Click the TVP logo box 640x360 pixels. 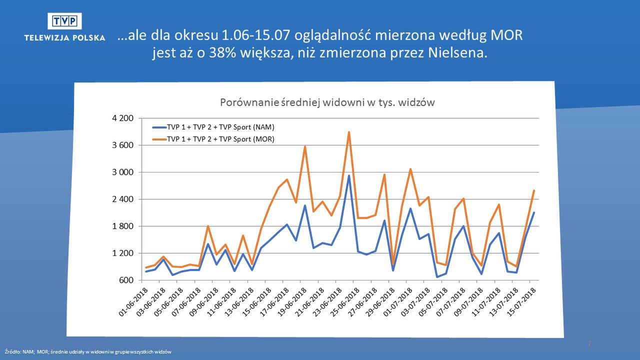[64, 20]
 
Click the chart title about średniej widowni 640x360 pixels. [327, 102]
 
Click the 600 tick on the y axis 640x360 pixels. [126, 280]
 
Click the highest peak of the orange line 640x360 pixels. [349, 132]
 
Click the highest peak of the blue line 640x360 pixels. [349, 175]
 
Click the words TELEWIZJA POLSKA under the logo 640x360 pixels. [64, 37]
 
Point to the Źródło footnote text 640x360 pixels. [87, 352]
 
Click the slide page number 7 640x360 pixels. [589, 344]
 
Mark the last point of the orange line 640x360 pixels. [534, 190]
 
